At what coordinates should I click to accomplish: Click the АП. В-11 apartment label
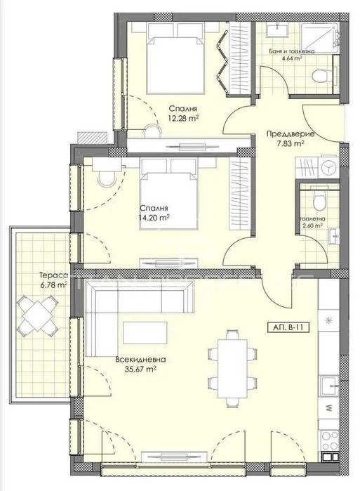(289, 327)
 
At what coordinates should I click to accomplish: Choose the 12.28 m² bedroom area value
(182, 118)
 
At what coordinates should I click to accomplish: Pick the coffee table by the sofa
(145, 332)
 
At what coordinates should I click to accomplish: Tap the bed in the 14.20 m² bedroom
(168, 190)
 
